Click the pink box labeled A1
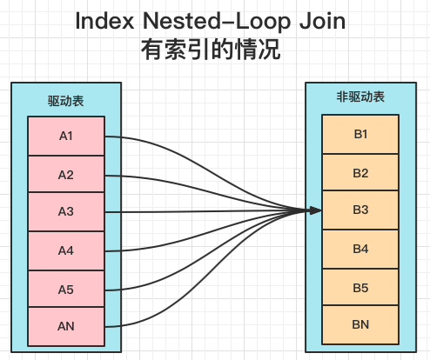(x=66, y=137)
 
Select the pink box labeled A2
(x=66, y=175)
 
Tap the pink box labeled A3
(x=66, y=212)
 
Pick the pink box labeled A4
(x=66, y=250)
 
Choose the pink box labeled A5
(x=66, y=289)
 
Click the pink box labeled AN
(x=66, y=327)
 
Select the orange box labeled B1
(x=360, y=133)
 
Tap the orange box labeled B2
(x=360, y=172)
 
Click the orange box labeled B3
(x=360, y=210)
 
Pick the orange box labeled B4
(x=360, y=249)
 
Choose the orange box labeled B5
(x=360, y=287)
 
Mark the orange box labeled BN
(x=360, y=324)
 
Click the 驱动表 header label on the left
(x=66, y=101)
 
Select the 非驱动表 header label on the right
(x=360, y=97)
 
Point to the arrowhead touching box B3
(x=316, y=210)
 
